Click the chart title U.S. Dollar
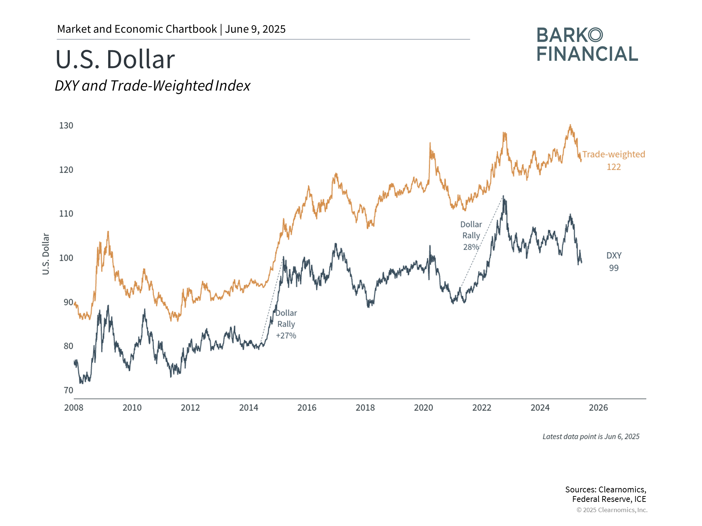point(115,59)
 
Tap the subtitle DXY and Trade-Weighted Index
point(152,86)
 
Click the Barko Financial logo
point(587,45)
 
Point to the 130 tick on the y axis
point(66,126)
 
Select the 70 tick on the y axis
point(68,390)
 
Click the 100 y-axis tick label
point(66,258)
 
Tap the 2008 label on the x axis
point(74,408)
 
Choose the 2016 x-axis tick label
point(307,408)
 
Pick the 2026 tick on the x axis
point(598,408)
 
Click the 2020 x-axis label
point(423,408)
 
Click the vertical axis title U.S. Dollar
point(46,254)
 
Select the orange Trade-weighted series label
point(614,155)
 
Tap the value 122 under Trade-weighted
point(614,167)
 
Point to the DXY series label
point(614,256)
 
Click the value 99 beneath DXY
point(614,268)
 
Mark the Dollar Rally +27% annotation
point(286,324)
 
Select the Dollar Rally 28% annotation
point(471,236)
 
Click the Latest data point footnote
point(591,437)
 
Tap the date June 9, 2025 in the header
point(255,29)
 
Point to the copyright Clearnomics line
point(612,510)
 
